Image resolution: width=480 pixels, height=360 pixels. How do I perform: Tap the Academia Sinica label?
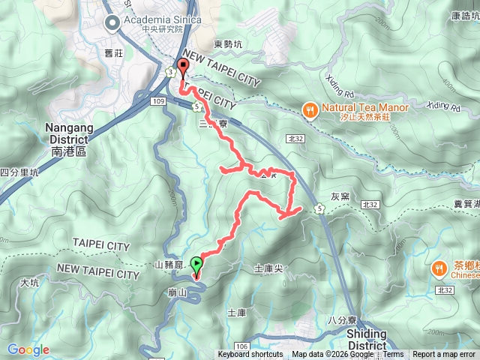click(153, 20)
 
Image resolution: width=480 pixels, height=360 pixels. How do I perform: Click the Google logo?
click(28, 349)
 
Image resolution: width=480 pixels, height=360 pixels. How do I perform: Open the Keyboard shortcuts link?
click(250, 355)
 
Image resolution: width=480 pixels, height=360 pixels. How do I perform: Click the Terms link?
click(393, 355)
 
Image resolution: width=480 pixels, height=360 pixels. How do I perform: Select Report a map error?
click(445, 355)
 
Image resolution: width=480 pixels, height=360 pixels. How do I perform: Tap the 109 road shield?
click(157, 100)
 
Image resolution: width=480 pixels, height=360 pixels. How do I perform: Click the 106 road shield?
click(241, 346)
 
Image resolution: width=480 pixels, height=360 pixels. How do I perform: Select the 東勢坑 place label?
click(228, 44)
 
